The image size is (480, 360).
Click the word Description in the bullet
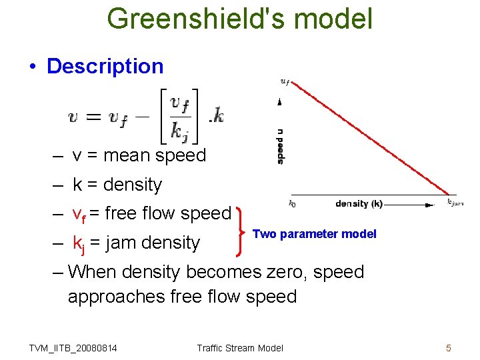point(105,66)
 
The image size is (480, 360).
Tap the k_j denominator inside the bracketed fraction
point(179,131)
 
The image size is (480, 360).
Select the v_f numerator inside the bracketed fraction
point(179,104)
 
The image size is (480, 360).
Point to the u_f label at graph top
point(285,82)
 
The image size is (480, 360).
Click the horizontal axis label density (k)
point(359,203)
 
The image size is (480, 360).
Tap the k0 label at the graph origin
point(292,204)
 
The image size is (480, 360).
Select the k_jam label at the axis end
point(455,202)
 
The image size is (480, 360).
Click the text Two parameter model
point(315,234)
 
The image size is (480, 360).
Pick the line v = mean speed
point(139,155)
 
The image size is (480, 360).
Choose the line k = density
point(117,185)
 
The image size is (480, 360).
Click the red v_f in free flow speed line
point(79,215)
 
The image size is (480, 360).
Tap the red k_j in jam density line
point(78,244)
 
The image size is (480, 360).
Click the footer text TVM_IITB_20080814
point(73,348)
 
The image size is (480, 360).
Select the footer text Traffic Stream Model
point(240,348)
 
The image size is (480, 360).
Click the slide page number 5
point(449,347)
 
